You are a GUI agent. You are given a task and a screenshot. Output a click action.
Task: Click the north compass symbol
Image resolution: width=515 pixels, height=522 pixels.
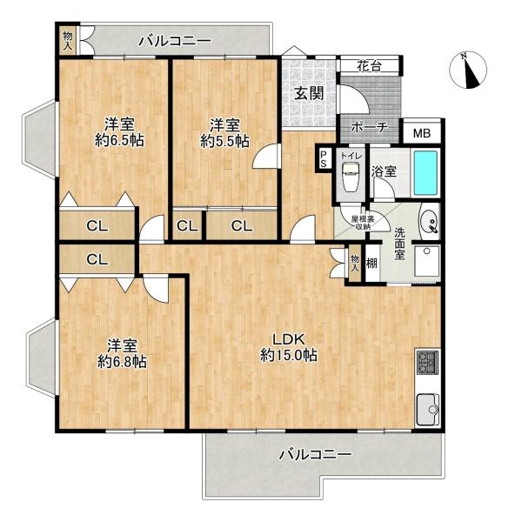click(470, 71)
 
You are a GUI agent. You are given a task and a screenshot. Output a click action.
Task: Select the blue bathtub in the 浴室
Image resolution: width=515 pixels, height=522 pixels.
click(426, 174)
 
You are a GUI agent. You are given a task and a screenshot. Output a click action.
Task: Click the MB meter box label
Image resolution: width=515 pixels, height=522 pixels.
click(422, 133)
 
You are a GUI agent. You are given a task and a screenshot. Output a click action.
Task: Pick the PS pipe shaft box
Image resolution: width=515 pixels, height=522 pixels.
click(324, 158)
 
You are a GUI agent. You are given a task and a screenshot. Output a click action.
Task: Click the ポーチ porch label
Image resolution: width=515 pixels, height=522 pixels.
click(370, 128)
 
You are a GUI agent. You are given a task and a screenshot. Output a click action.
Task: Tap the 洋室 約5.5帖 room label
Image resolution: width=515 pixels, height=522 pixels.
click(224, 130)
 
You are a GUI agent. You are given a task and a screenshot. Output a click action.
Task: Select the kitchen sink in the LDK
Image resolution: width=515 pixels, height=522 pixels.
click(427, 406)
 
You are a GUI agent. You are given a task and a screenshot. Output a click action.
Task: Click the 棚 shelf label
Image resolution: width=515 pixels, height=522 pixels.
click(371, 263)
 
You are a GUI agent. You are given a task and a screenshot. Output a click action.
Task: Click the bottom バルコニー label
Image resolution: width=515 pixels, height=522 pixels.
click(315, 455)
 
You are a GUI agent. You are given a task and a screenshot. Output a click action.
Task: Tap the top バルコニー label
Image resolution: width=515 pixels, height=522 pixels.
click(174, 41)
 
